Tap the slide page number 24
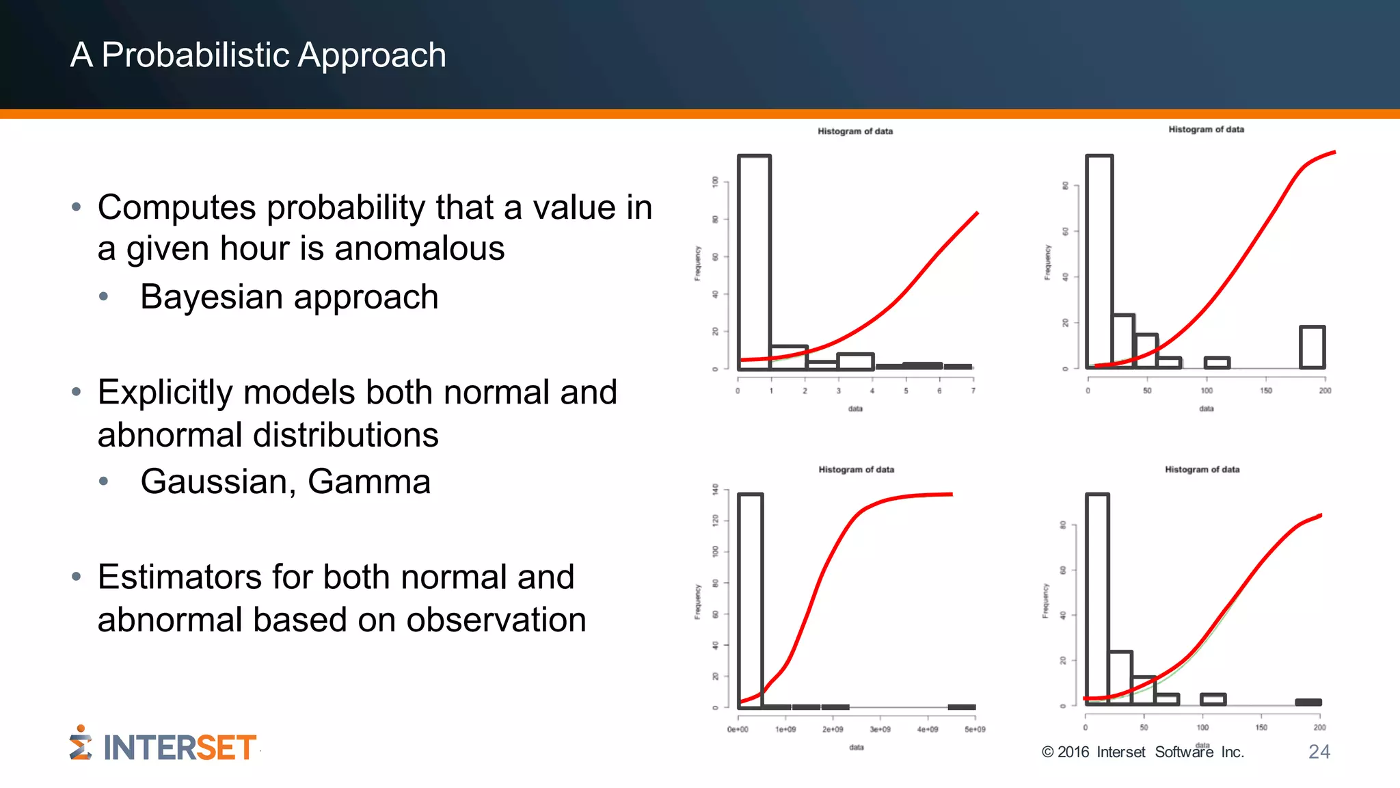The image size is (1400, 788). tap(1319, 752)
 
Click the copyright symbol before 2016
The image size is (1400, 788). tap(1047, 752)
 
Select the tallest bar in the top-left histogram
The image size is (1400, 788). tap(754, 260)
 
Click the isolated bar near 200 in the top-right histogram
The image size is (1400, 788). tap(1312, 347)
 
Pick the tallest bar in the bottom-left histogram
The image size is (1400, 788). tap(750, 595)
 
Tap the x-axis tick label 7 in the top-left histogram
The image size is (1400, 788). tap(973, 391)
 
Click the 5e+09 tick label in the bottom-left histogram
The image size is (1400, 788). tap(975, 730)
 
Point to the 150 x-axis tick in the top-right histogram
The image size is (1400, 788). tap(1266, 391)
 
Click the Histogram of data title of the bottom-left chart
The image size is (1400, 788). tap(856, 470)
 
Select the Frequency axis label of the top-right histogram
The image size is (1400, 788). tap(1047, 263)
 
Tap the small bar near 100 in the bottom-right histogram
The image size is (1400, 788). tap(1213, 699)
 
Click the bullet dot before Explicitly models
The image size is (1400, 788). tap(77, 393)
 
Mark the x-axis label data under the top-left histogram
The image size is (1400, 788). tap(855, 409)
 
